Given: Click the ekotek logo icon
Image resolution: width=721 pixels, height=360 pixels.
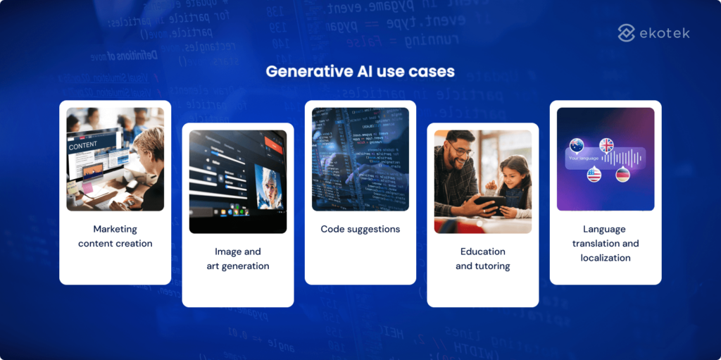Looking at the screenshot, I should [x=627, y=32].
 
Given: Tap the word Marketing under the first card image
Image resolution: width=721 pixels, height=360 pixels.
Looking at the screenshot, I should [x=115, y=229].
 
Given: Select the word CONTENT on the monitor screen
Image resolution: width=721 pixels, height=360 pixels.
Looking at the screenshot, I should [x=83, y=148].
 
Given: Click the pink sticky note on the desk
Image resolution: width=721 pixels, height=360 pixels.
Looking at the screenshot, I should [x=87, y=188].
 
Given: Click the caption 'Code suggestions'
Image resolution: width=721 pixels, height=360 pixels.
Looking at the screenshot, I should [x=360, y=229].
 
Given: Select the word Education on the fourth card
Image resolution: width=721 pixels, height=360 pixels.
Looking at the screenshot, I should [x=482, y=252].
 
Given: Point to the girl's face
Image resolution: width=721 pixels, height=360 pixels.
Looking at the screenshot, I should [x=511, y=173].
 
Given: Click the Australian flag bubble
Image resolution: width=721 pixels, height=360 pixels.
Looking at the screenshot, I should [x=577, y=145].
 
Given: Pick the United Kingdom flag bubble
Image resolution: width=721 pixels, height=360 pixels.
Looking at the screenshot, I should [x=606, y=144].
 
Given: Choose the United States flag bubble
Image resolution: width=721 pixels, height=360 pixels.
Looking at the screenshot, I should [x=594, y=174].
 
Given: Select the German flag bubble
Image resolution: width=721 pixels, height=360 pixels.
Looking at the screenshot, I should [x=622, y=175].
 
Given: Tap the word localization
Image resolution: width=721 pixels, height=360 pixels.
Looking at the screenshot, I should [x=606, y=258].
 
